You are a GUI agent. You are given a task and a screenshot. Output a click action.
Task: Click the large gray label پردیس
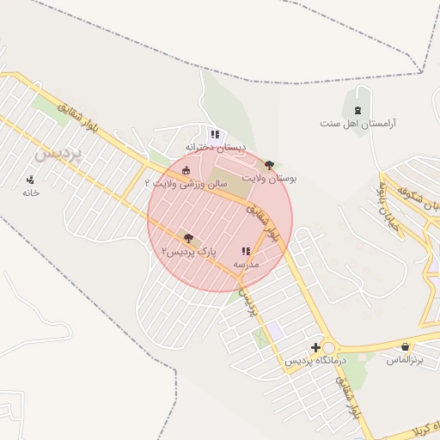point(61,156)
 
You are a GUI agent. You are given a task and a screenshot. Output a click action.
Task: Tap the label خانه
point(31,193)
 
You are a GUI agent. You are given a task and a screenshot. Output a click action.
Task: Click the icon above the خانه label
point(31,180)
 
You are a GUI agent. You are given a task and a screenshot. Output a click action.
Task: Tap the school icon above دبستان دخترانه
point(214,134)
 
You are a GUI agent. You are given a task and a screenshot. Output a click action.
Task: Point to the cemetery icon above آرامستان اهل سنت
point(357,109)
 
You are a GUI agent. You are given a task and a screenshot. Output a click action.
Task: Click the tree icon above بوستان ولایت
point(270,163)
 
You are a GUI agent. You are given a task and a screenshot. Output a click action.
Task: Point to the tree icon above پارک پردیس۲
point(188,237)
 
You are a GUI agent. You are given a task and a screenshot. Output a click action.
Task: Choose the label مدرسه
point(247,266)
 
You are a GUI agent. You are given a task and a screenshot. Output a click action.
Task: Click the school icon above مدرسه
point(246,252)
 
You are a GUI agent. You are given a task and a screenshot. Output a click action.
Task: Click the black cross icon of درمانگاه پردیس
point(317,348)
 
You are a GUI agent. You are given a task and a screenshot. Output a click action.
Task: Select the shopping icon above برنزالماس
point(405,346)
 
